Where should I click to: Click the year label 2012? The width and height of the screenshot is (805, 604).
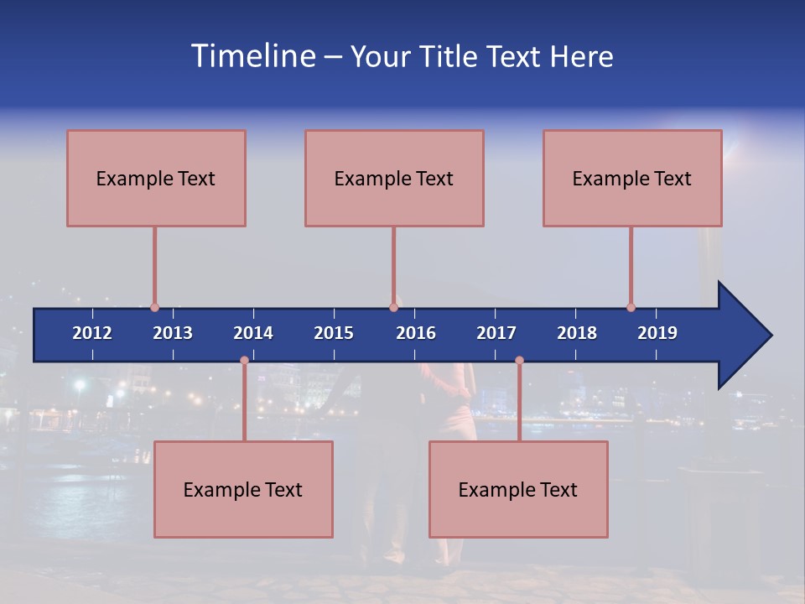click(x=92, y=333)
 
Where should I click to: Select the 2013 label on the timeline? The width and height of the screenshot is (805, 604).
click(x=173, y=333)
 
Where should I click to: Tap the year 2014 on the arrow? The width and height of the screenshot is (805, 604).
click(x=253, y=333)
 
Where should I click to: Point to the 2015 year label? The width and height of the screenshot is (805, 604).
click(x=334, y=333)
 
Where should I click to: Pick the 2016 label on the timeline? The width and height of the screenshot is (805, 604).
click(x=416, y=333)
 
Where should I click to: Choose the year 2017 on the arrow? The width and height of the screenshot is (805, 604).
click(x=496, y=333)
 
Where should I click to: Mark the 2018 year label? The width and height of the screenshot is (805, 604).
click(x=577, y=333)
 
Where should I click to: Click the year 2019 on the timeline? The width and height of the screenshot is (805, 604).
click(x=657, y=333)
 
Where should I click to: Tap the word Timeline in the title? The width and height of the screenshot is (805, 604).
click(x=253, y=56)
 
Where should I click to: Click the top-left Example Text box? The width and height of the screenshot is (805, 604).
click(x=156, y=178)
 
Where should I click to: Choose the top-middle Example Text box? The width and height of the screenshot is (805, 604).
click(x=394, y=178)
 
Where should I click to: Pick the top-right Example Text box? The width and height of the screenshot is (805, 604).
click(x=632, y=178)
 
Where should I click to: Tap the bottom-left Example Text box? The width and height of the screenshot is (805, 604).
click(x=243, y=489)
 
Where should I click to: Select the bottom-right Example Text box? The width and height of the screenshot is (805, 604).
click(x=518, y=489)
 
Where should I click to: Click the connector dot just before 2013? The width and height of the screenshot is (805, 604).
click(x=155, y=308)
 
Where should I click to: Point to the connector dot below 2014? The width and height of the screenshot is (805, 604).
click(x=244, y=361)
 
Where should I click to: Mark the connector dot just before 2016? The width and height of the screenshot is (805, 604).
click(x=393, y=308)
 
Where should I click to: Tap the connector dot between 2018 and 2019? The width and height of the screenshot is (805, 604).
click(x=631, y=308)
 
